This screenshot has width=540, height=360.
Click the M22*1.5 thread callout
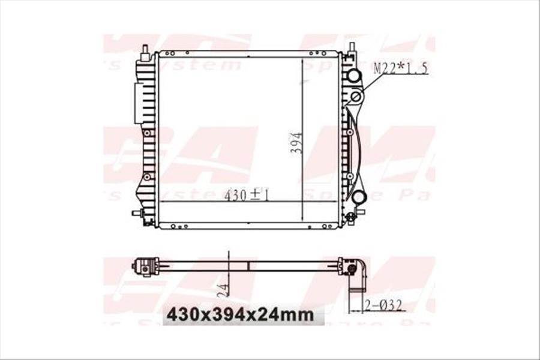[401, 68]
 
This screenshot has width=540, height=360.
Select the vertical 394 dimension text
[296, 144]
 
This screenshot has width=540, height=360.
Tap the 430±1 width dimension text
[246, 195]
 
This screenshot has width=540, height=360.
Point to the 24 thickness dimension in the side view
[223, 290]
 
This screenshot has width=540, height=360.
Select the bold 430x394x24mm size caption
[240, 314]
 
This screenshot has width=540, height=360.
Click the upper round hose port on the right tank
[353, 76]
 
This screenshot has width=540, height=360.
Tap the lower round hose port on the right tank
[358, 196]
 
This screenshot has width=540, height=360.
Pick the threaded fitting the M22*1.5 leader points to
[356, 96]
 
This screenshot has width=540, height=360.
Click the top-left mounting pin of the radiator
[145, 51]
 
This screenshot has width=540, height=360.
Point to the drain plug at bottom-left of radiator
[137, 213]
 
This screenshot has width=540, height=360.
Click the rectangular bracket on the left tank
[139, 103]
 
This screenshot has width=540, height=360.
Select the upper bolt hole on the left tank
[146, 133]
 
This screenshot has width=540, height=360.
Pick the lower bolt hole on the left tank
[146, 176]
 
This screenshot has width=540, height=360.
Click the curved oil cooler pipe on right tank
[360, 144]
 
